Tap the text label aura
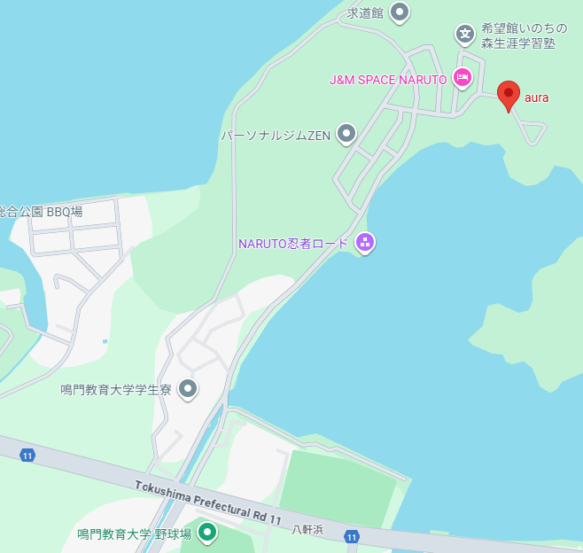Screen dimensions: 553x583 pyautogui.click(x=537, y=97)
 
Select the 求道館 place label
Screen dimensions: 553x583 pyautogui.click(x=364, y=12)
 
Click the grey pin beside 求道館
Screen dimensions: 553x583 pyautogui.click(x=400, y=12)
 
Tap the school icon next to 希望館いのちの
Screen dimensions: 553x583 pyautogui.click(x=465, y=35)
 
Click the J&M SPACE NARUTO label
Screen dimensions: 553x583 pyautogui.click(x=388, y=80)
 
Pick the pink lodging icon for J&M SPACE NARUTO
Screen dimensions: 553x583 pyautogui.click(x=462, y=78)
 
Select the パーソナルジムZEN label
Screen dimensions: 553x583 pyautogui.click(x=276, y=136)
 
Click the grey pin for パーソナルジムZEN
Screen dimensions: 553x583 pyautogui.click(x=346, y=134)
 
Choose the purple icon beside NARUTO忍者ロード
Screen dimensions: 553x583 pyautogui.click(x=364, y=242)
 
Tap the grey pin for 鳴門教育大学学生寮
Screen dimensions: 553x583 pyautogui.click(x=188, y=388)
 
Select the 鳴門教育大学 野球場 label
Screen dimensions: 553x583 pyautogui.click(x=134, y=534)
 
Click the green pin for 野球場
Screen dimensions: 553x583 pyautogui.click(x=207, y=533)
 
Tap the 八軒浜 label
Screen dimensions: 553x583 pyautogui.click(x=307, y=529)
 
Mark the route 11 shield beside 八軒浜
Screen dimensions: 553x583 pyautogui.click(x=352, y=537)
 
